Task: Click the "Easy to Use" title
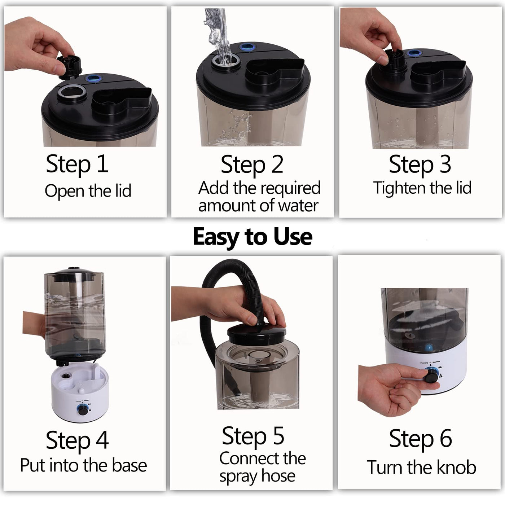pyautogui.click(x=252, y=237)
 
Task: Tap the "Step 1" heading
pyautogui.click(x=77, y=164)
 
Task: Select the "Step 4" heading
pyautogui.click(x=77, y=440)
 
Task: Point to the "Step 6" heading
pyautogui.click(x=420, y=439)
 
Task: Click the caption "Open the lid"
pyautogui.click(x=88, y=191)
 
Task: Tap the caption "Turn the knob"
pyautogui.click(x=421, y=467)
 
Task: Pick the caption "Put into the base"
pyautogui.click(x=83, y=465)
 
